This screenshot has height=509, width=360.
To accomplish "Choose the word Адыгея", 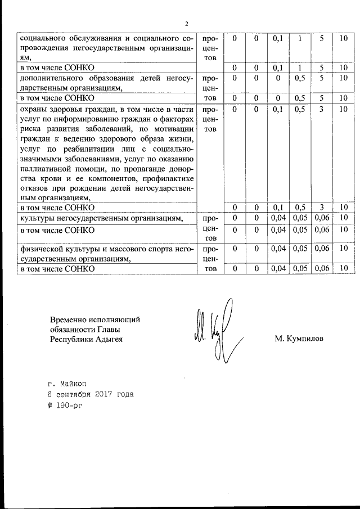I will (x=105, y=339).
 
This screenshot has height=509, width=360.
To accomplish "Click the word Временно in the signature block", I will (x=70, y=319).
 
